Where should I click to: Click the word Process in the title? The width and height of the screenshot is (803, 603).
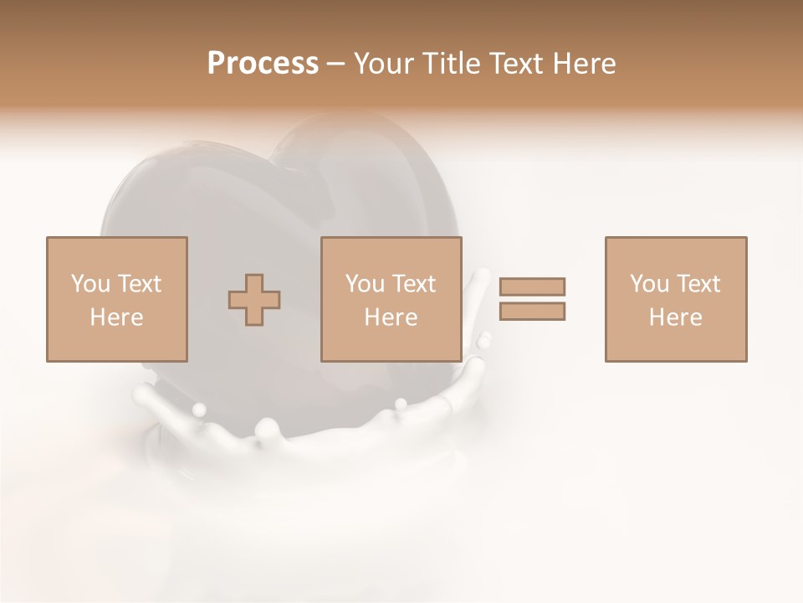click(263, 64)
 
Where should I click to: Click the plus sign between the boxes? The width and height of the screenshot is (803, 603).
click(254, 300)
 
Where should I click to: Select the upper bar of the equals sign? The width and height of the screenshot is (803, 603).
click(532, 286)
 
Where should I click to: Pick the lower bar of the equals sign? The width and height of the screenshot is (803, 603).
click(532, 312)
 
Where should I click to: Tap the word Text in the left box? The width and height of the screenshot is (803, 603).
click(139, 284)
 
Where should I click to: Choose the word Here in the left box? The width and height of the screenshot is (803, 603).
click(116, 317)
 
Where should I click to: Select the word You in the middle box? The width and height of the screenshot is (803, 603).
click(366, 284)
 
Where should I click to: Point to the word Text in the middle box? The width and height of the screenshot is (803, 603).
click(413, 284)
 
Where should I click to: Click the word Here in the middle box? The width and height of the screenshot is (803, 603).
click(391, 317)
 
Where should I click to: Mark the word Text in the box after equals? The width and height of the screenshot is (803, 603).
click(698, 284)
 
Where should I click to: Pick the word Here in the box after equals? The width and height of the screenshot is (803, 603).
click(675, 317)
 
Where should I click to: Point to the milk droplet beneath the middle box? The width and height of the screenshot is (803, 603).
click(401, 405)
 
